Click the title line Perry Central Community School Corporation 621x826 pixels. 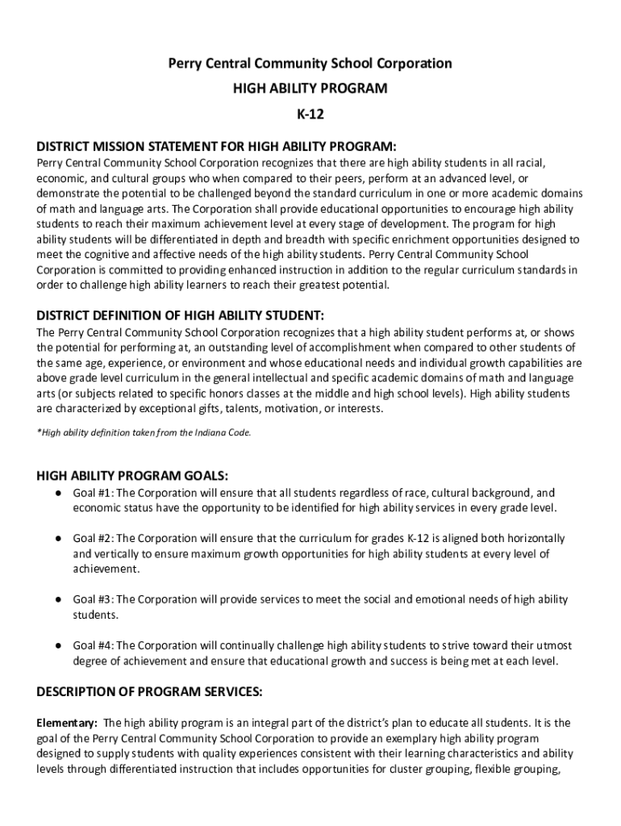pyautogui.click(x=310, y=64)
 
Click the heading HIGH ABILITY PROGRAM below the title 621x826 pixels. pyautogui.click(x=310, y=88)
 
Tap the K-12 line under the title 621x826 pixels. pyautogui.click(x=310, y=113)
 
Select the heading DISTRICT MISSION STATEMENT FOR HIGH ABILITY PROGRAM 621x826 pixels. pyautogui.click(x=217, y=147)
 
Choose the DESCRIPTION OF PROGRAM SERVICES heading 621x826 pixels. pyautogui.click(x=149, y=692)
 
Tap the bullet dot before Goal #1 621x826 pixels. pyautogui.click(x=59, y=493)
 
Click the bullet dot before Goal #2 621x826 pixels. pyautogui.click(x=59, y=538)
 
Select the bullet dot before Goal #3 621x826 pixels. pyautogui.click(x=59, y=599)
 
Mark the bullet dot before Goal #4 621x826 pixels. pyautogui.click(x=59, y=645)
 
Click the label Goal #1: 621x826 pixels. pyautogui.click(x=94, y=493)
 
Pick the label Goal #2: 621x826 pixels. pyautogui.click(x=94, y=538)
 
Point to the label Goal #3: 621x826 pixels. pyautogui.click(x=94, y=599)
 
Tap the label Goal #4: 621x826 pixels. pyautogui.click(x=94, y=645)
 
